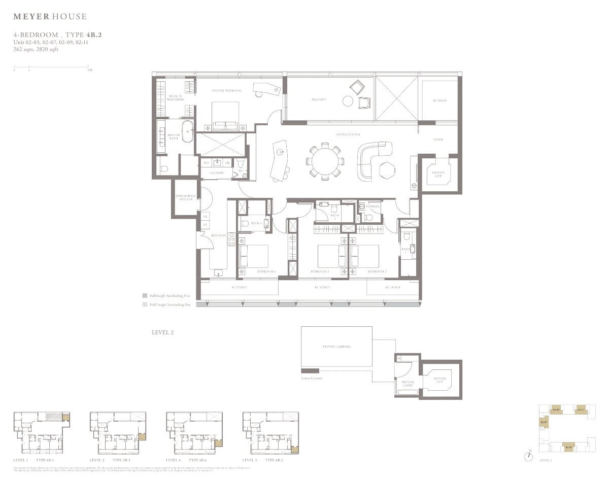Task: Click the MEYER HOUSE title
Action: [50, 17]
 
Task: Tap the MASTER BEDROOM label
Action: [226, 90]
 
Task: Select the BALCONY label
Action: [319, 99]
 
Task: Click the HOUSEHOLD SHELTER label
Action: [186, 197]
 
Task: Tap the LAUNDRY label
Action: [216, 173]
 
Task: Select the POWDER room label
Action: [373, 207]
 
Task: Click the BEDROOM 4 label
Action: [266, 272]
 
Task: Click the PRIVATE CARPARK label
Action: [336, 346]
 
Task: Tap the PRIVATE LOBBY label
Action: [408, 384]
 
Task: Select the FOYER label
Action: [437, 139]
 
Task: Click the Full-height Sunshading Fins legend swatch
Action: [145, 295]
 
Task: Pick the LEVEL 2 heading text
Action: [162, 332]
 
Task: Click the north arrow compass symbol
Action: [529, 455]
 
